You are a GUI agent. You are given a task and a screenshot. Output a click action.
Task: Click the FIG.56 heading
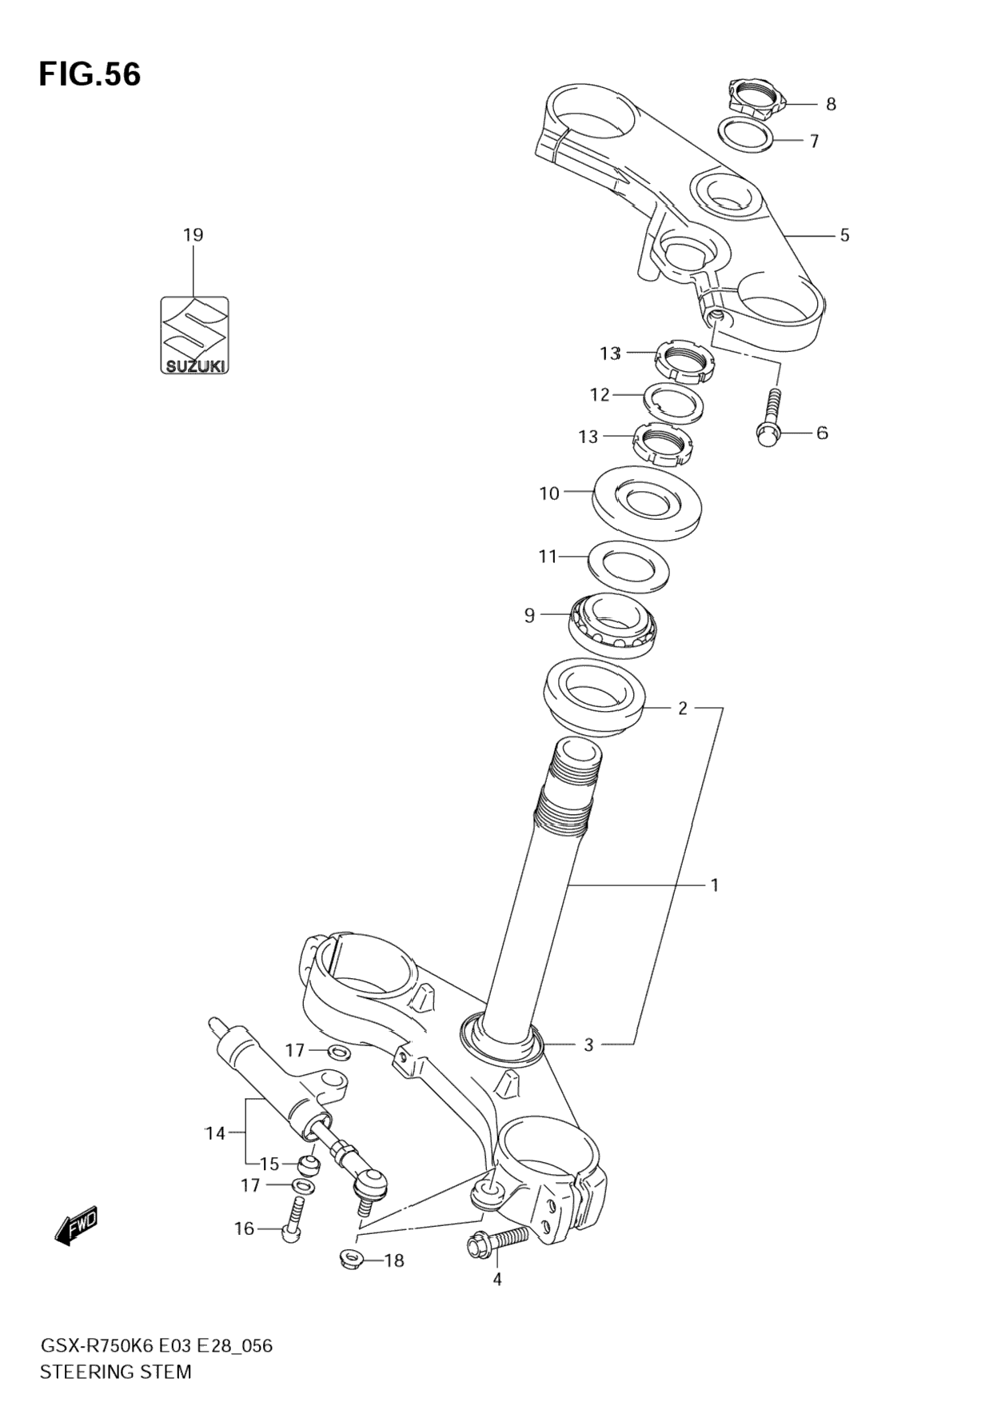coord(90,74)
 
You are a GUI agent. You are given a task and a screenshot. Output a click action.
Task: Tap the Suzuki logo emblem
coord(194,336)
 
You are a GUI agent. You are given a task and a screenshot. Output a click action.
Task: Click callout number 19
coord(193,235)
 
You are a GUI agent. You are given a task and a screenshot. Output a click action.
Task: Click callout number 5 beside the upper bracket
coord(844,235)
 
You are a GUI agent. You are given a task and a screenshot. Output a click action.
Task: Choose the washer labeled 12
coord(674,400)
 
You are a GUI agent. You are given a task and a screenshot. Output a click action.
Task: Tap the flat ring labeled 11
coord(628,566)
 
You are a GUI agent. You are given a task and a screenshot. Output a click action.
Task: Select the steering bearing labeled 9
coord(612,624)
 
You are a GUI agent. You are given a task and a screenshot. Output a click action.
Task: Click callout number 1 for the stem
coord(715,885)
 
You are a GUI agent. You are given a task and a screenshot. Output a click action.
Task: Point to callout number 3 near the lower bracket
coord(588,1045)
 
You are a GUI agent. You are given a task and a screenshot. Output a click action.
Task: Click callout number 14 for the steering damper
coord(215,1132)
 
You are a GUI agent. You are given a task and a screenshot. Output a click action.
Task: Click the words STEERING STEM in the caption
coord(116,1372)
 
